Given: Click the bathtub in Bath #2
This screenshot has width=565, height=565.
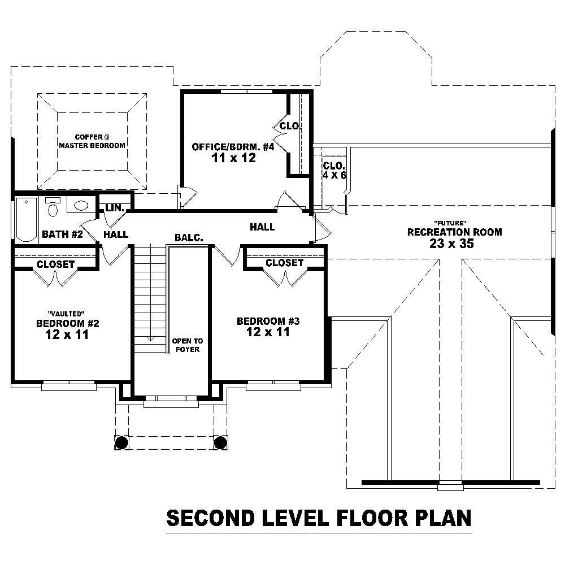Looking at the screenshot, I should [26, 219].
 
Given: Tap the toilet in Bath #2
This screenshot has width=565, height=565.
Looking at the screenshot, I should [53, 208].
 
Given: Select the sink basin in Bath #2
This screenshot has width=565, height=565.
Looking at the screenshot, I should [82, 206].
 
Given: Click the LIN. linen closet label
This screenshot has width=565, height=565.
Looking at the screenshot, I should [115, 208].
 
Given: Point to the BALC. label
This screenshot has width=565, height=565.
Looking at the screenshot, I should [189, 238].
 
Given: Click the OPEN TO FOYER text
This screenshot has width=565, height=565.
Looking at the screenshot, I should [187, 345].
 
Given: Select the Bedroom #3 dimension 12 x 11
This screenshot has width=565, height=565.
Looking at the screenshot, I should [268, 332].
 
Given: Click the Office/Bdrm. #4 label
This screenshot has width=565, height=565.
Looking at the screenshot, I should [233, 147].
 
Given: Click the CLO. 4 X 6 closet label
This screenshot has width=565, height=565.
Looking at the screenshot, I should [334, 170].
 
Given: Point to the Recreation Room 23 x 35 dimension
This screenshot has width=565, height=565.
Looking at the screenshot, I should [450, 244].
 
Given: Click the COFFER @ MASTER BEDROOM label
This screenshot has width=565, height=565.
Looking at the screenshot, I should [92, 141].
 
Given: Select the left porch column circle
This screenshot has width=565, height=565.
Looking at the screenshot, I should [121, 442].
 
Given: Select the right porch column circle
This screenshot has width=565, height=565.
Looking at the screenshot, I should [220, 442].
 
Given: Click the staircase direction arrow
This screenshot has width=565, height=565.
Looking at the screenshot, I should [151, 338].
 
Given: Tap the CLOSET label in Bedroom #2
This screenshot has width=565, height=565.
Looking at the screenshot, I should [55, 264].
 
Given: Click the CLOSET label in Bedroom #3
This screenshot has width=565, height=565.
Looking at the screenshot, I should [285, 263].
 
